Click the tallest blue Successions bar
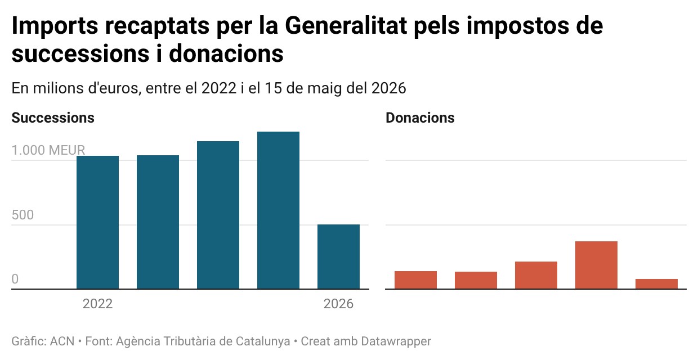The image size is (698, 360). tap(278, 210)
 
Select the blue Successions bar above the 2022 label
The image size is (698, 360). tap(97, 222)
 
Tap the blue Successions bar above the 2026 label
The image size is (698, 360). tap(338, 256)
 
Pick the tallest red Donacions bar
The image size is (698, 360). tap(596, 265)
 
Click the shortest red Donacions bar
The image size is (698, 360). tap(656, 284)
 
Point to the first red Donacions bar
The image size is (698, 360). tap(415, 280)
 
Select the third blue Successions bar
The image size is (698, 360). tap(218, 215)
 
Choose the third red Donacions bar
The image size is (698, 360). tap(536, 275)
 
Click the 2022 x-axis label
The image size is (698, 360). tap(97, 304)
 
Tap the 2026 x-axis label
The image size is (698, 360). tap(338, 304)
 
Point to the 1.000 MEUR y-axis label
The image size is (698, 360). tap(48, 150)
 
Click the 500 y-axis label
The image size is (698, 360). tap(23, 215)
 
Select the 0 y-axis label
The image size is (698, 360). tap(15, 279)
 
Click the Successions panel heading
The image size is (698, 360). tap(53, 118)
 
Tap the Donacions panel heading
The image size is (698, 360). tap(420, 118)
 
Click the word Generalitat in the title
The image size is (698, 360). tap(346, 25)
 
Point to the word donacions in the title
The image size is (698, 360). tap(226, 53)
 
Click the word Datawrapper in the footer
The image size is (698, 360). tap(396, 341)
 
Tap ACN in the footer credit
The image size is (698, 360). tap(62, 341)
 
